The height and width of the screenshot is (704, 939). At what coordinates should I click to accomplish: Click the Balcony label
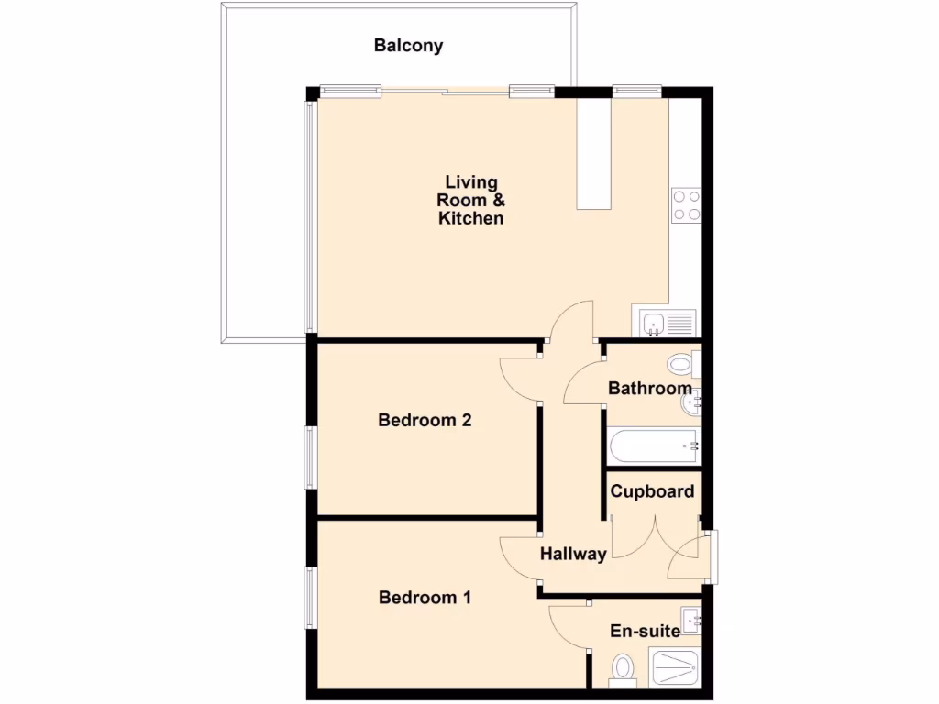(408, 45)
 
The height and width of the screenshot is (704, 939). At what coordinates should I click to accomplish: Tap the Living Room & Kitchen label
(470, 200)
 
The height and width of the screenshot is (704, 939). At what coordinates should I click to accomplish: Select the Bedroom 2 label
(425, 421)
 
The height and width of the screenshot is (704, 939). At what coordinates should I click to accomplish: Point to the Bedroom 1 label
(425, 598)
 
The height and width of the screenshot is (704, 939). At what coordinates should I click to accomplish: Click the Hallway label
(573, 554)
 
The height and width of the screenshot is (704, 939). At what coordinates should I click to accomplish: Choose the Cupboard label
(652, 491)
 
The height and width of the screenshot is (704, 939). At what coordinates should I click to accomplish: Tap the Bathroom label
(649, 389)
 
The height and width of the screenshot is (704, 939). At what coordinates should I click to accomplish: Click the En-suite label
(646, 631)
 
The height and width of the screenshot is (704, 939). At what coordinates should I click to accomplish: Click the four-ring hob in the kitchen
(686, 204)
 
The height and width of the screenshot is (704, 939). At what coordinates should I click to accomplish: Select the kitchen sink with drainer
(667, 323)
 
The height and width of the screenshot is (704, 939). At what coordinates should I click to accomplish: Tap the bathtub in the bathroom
(653, 446)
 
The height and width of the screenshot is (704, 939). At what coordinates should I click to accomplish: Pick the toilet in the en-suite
(624, 668)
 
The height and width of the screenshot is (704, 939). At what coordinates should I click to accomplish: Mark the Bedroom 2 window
(311, 456)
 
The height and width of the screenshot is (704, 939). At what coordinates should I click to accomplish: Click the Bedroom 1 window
(311, 597)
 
